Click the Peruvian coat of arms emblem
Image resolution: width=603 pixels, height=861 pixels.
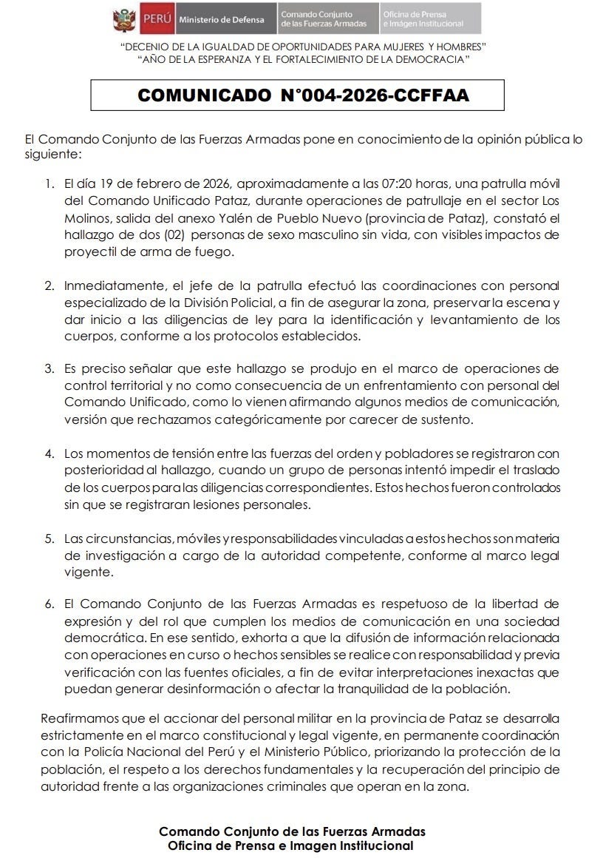[x=124, y=19]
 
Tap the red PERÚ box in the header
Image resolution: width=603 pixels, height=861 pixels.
[x=157, y=19]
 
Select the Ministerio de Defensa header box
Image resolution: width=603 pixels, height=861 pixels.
[x=221, y=19]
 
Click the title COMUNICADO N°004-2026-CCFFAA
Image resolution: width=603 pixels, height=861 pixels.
[x=303, y=95]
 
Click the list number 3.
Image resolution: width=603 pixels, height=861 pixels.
[x=50, y=368]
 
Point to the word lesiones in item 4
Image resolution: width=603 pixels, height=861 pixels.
[x=214, y=505]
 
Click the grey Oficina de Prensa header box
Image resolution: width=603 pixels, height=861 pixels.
[x=430, y=19]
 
